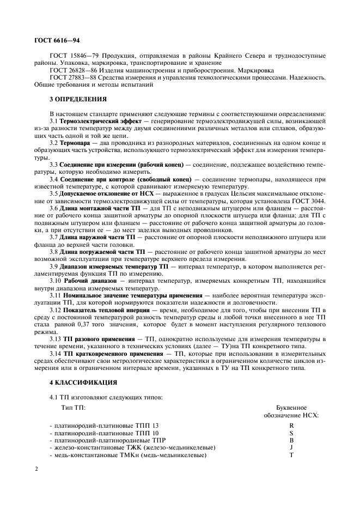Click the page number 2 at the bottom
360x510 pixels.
36,469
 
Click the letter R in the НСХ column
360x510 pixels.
291,424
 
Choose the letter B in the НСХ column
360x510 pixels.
291,439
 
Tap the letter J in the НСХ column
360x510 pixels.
291,447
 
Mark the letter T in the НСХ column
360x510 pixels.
291,454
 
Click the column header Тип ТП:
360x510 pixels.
73,408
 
